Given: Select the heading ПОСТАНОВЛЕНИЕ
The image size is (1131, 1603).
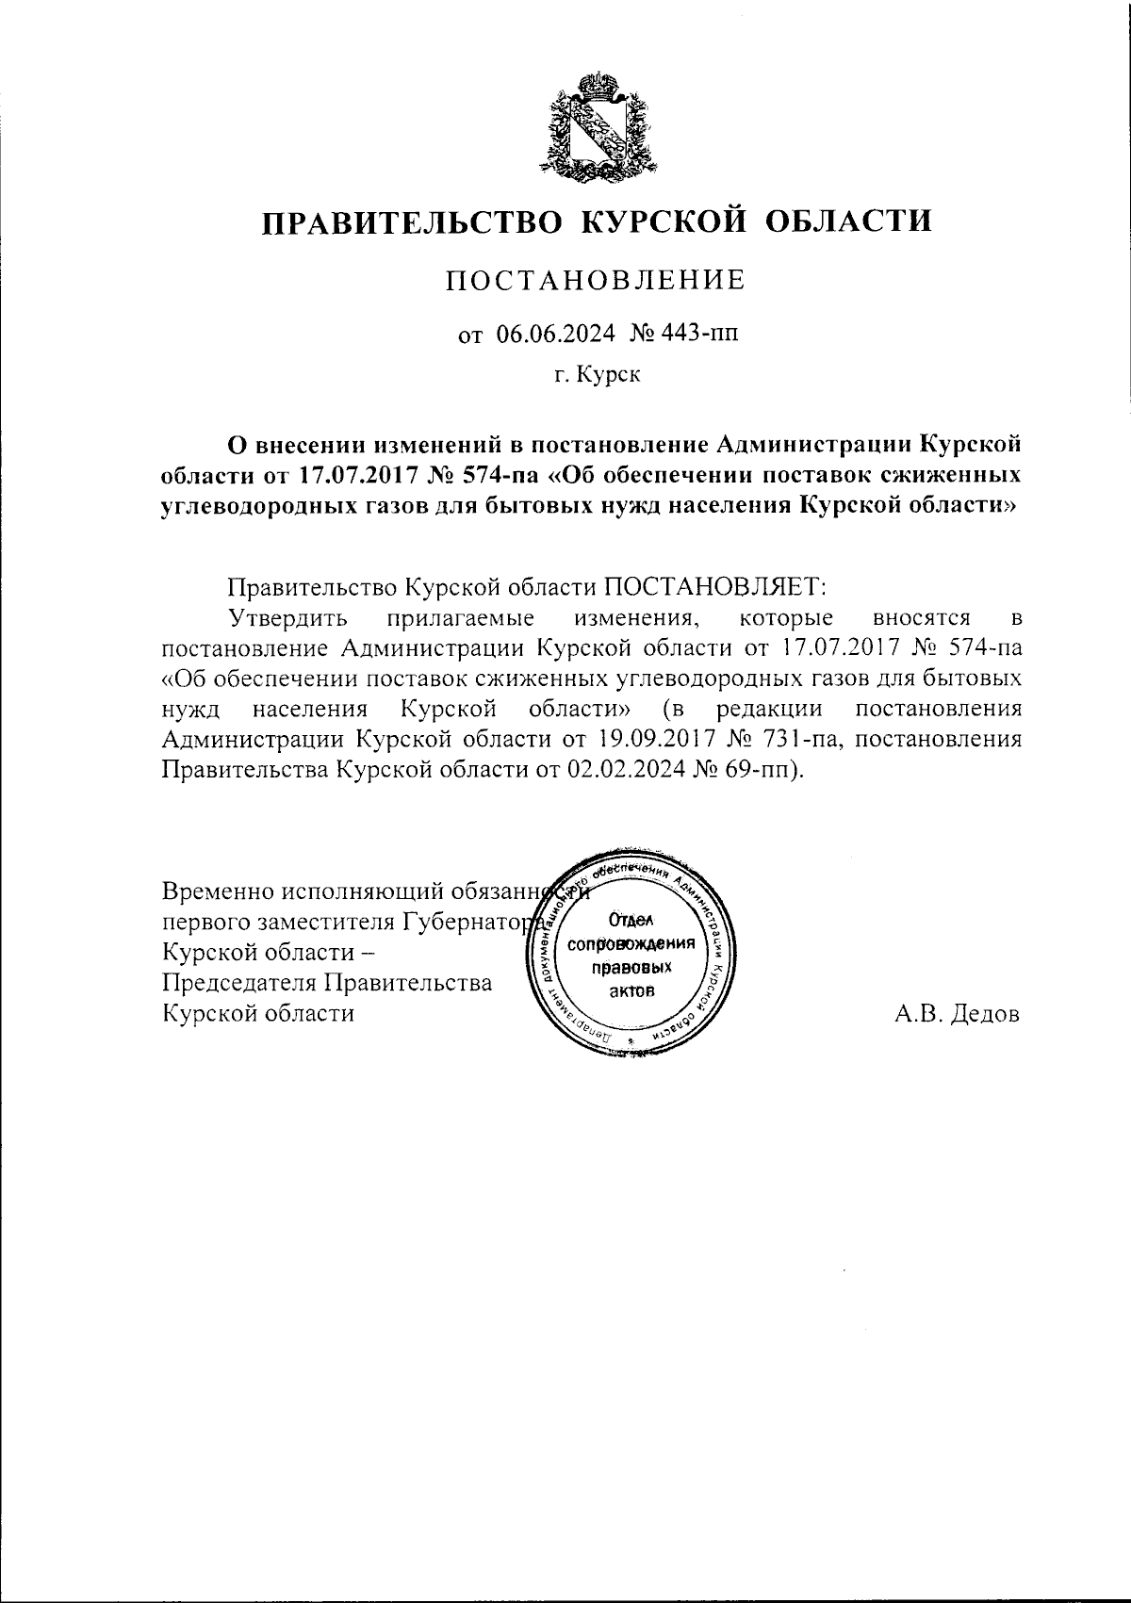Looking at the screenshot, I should (x=595, y=281).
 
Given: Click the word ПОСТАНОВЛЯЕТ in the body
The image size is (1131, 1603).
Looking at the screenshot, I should (x=713, y=587).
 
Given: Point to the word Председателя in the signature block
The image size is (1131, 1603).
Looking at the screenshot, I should (x=239, y=983).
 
